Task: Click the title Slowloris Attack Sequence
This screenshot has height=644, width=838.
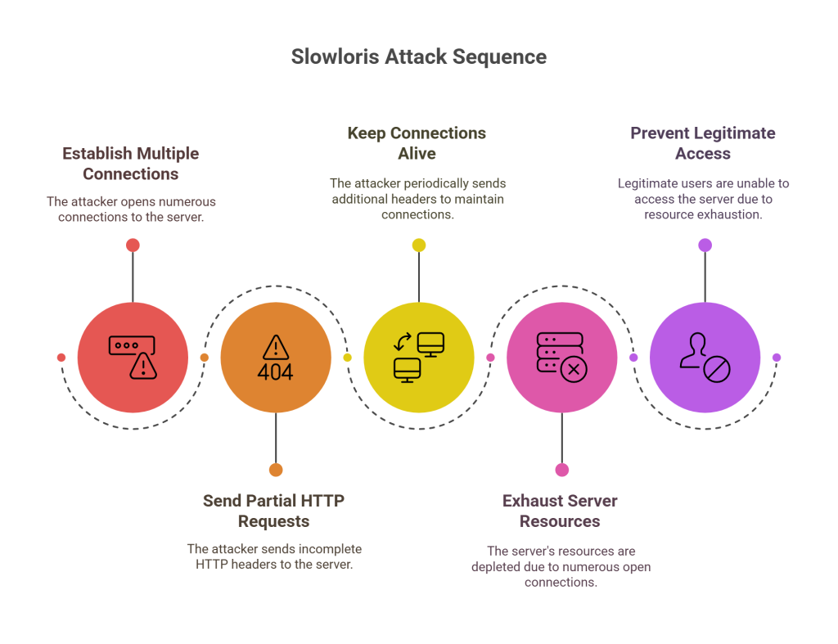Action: [418, 57]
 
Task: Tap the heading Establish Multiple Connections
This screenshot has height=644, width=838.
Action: [131, 164]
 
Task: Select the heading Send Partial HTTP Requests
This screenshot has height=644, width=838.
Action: [274, 511]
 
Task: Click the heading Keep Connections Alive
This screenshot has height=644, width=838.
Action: [417, 143]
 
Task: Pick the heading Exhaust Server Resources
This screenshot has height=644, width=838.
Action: [560, 511]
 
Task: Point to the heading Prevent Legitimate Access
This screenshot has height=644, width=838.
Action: [703, 143]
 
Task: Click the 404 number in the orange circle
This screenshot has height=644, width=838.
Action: [275, 372]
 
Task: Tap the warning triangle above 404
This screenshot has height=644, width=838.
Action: [275, 346]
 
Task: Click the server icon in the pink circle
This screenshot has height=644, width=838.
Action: [561, 358]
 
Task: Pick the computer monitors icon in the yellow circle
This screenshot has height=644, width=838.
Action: [418, 357]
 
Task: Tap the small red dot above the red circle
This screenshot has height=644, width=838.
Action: [133, 245]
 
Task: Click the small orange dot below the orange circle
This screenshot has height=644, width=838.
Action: [276, 470]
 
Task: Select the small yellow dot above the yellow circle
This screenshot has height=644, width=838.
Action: [419, 245]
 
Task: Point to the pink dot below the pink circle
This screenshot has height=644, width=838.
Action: [562, 470]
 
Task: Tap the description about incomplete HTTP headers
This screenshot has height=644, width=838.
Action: [274, 556]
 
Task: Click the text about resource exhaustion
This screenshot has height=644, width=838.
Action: [703, 199]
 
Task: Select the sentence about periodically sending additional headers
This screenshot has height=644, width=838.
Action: [417, 199]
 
